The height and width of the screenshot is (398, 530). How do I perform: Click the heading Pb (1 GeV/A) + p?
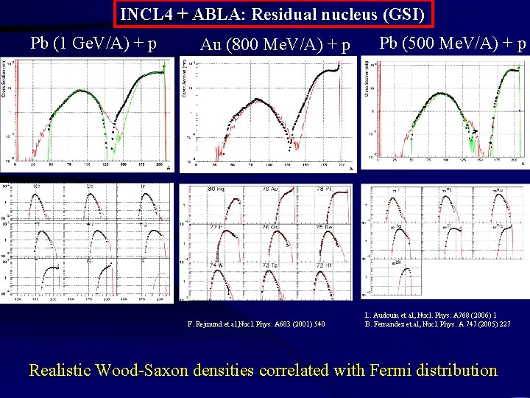point(93,43)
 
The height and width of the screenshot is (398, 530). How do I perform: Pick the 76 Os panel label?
point(270,227)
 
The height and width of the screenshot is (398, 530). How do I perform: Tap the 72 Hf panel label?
point(324,265)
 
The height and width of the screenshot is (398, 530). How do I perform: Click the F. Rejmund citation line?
point(257,324)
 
